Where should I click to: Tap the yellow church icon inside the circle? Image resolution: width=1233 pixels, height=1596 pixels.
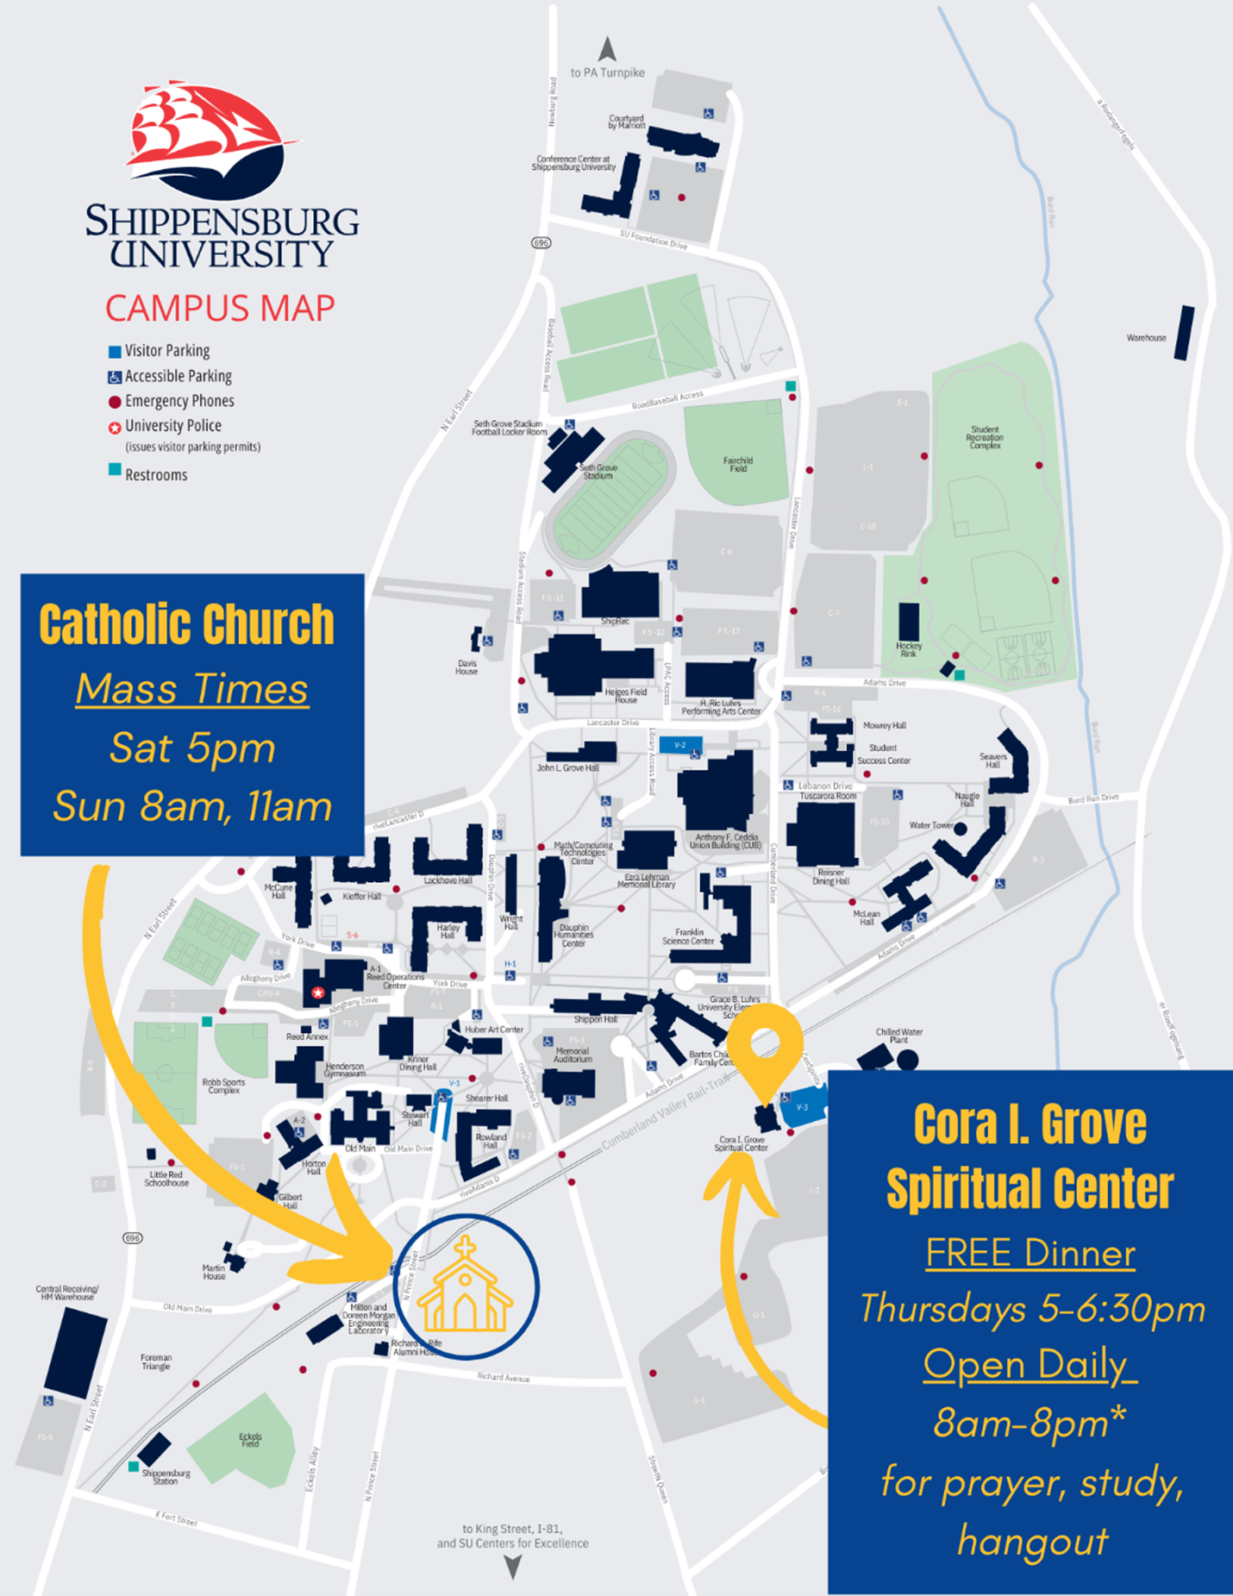point(465,1285)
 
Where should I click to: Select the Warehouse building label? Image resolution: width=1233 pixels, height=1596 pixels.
point(1146,338)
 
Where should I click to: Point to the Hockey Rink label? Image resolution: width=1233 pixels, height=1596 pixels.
point(909,649)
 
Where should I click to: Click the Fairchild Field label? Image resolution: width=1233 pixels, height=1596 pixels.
point(738,465)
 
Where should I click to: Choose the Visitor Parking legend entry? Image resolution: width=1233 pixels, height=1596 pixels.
point(166,351)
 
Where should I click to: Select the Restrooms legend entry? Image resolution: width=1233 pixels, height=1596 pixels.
point(155,475)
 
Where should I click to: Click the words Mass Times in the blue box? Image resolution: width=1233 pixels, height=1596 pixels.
point(191,689)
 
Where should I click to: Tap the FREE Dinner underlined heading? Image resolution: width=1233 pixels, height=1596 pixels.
point(1030,1253)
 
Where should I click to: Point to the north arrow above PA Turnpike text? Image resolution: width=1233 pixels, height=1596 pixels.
point(608,49)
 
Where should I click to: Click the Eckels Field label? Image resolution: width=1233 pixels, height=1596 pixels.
point(250,1440)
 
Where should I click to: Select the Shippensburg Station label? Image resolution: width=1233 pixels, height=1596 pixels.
point(166,1477)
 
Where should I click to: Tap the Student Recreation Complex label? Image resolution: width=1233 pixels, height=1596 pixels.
point(985,437)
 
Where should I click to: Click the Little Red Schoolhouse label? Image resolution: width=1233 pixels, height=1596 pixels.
point(166,1179)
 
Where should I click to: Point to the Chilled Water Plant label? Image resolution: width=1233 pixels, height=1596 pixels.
point(899,1036)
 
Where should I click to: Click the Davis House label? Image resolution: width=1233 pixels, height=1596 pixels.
point(466,667)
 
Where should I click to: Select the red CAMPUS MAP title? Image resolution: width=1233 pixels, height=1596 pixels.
point(220,308)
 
